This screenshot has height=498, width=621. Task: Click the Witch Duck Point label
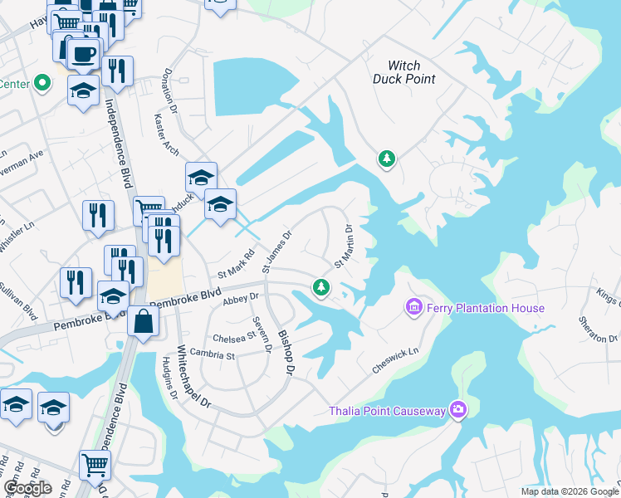[412, 72]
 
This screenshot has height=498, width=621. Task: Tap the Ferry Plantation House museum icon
[413, 308]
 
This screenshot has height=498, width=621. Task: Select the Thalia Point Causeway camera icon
[457, 409]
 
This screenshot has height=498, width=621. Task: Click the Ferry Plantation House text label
[486, 309]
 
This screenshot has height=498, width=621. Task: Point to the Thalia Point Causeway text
[387, 410]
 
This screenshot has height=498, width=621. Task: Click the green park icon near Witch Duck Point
[386, 159]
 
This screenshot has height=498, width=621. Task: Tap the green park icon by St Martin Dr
[321, 287]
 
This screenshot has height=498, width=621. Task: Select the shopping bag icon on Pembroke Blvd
[143, 320]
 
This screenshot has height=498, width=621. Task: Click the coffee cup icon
[81, 55]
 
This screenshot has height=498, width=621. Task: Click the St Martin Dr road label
[344, 247]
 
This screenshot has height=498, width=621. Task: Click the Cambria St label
[214, 354]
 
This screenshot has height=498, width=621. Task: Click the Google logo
[27, 487]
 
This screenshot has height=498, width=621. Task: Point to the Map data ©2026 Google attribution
[570, 491]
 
